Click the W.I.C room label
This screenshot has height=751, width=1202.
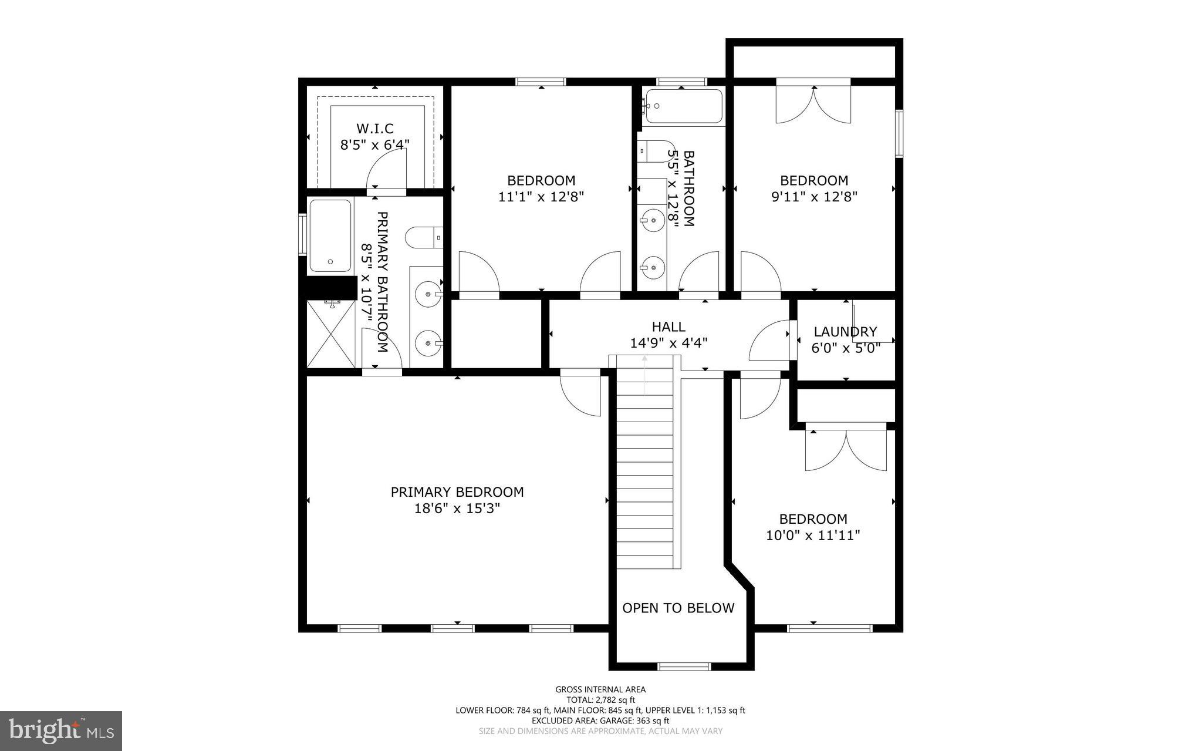click(x=374, y=128)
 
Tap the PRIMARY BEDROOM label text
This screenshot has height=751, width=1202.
click(x=457, y=492)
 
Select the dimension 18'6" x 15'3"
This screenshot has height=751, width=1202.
click(x=457, y=508)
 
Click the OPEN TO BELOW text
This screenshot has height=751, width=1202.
click(x=678, y=608)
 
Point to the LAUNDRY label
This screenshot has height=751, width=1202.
click(x=845, y=332)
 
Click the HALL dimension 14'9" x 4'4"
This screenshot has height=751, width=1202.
click(x=668, y=343)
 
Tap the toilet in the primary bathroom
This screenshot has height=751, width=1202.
click(x=423, y=237)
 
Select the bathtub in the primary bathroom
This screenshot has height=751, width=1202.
click(x=330, y=235)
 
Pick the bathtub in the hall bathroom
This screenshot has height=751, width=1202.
click(x=682, y=106)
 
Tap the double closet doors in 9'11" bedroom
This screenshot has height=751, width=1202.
click(x=813, y=105)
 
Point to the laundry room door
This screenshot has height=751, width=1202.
click(x=770, y=341)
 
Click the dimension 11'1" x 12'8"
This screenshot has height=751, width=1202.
click(x=541, y=197)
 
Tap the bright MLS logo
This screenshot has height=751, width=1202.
click(x=60, y=730)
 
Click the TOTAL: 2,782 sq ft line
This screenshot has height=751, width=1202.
click(x=600, y=700)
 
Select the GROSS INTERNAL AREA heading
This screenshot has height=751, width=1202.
click(x=600, y=689)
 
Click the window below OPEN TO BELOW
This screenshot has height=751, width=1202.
click(x=684, y=666)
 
